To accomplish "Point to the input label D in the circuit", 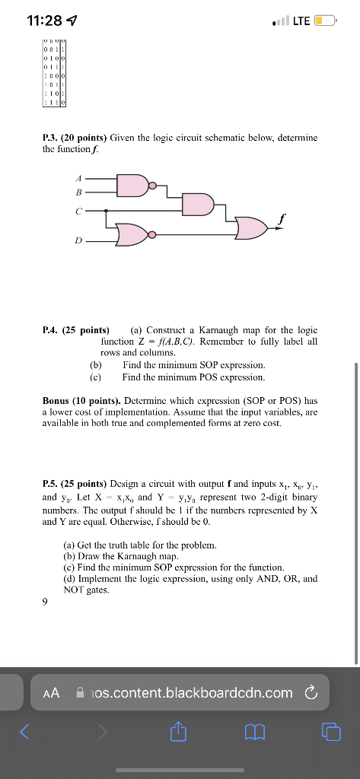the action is tap(78, 240).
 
